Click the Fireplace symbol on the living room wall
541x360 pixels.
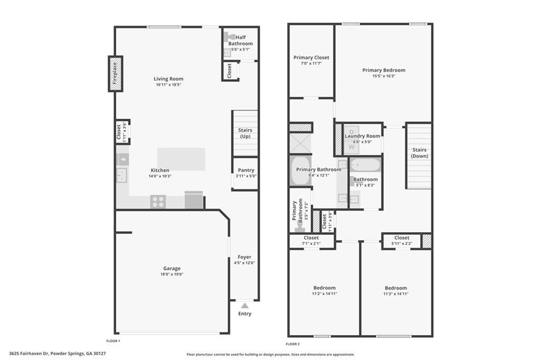115,74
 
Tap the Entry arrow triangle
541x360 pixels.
244,305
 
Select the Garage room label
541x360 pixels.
172,268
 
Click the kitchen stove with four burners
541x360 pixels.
158,201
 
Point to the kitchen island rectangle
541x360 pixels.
181,159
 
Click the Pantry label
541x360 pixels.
246,170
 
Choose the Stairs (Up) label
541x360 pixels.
245,133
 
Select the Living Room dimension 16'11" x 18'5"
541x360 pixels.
169,85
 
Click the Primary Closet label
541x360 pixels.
311,58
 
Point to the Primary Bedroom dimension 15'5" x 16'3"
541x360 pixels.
384,76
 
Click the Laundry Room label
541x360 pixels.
362,136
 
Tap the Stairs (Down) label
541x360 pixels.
419,153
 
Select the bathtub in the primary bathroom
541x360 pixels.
300,171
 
